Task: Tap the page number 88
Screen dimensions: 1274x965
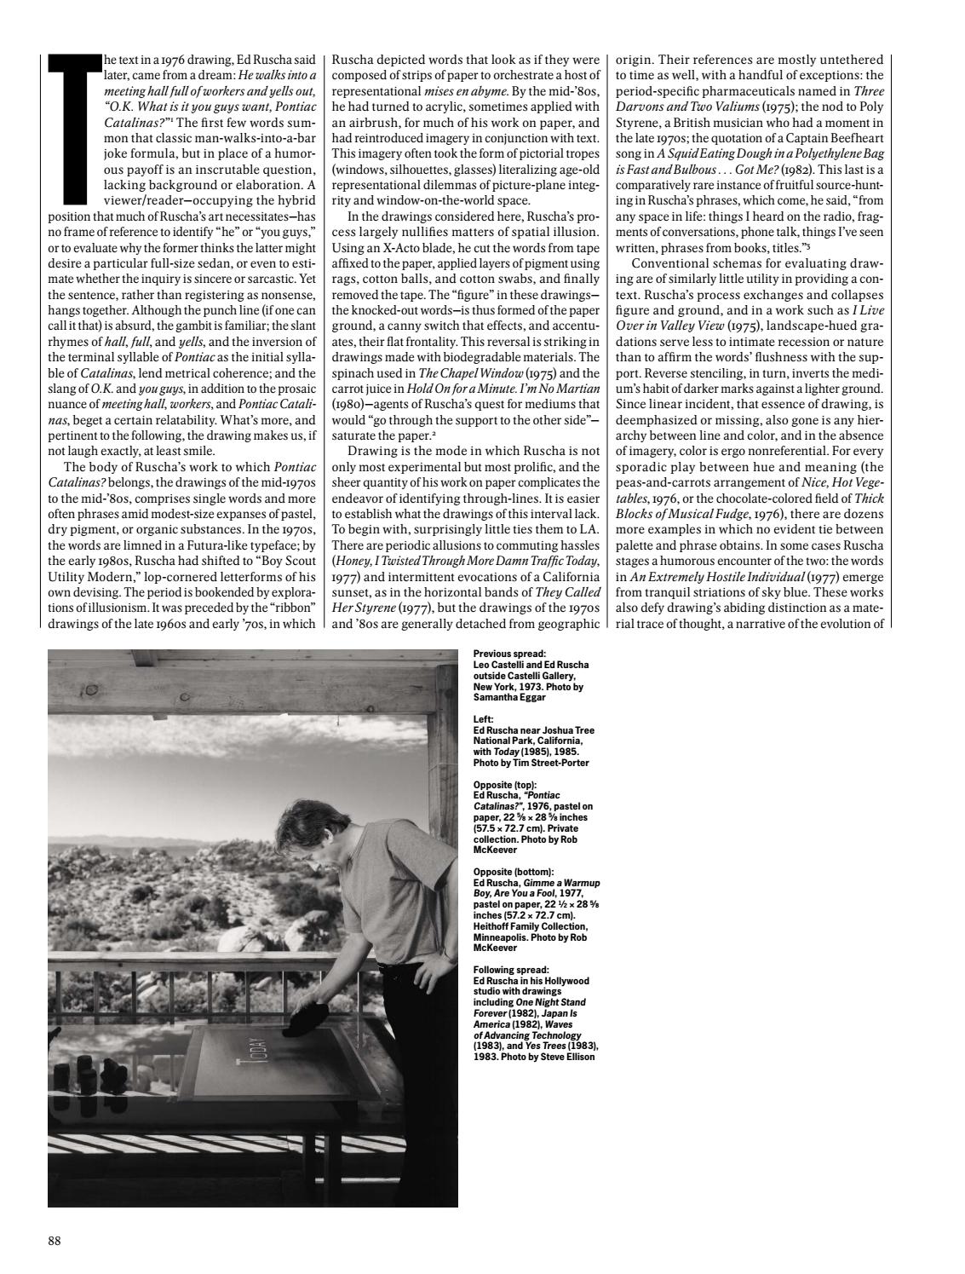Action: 55,1241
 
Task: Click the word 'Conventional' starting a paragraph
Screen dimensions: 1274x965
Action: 668,263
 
